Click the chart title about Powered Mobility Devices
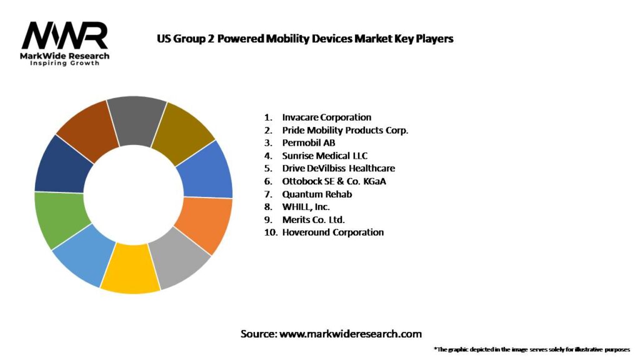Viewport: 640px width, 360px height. tap(304, 39)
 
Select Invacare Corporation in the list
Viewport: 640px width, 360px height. tap(326, 117)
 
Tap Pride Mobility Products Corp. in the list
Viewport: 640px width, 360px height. tap(345, 130)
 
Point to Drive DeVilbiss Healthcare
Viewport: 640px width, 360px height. tap(338, 168)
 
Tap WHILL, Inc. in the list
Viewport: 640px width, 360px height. tap(306, 207)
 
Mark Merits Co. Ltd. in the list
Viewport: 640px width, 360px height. tap(313, 219)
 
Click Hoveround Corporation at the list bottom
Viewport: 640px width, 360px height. tap(332, 232)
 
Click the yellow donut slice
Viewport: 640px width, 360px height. tap(131, 275)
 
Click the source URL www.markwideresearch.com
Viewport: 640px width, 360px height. tap(350, 334)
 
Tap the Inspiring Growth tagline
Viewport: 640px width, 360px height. tap(64, 64)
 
